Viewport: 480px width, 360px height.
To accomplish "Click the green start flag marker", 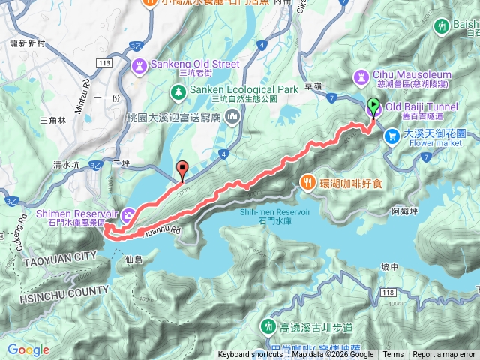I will [x=374, y=106].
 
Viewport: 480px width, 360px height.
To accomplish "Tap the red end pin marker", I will [x=181, y=169].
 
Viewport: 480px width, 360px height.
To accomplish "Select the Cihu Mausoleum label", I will [x=413, y=75].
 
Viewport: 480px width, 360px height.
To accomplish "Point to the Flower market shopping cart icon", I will [x=391, y=136].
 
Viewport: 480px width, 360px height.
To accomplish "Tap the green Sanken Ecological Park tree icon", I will [x=178, y=91].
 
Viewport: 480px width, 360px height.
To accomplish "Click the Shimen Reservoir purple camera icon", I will [x=128, y=214].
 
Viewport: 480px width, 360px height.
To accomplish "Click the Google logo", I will [x=28, y=350].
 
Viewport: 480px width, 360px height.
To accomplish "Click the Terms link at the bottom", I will [x=392, y=355].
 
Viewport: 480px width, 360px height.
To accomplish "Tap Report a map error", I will [x=444, y=355].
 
